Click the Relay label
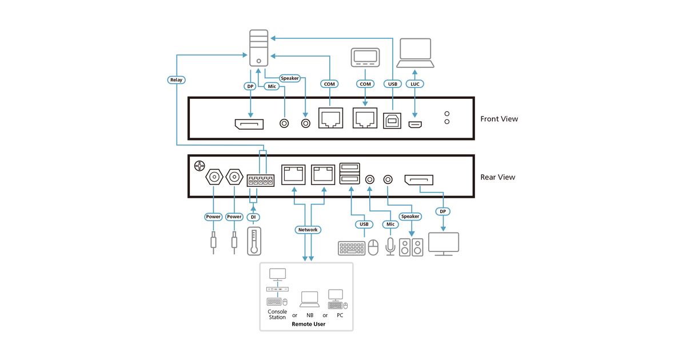pos(176,79)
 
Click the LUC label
pos(415,84)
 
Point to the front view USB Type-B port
pos(392,122)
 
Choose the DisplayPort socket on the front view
pos(249,124)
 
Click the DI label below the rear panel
pos(253,217)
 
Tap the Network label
pos(308,230)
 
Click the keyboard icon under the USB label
pos(352,248)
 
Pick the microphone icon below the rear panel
pos(390,247)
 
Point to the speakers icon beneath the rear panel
pos(412,247)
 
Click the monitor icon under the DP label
pos(444,244)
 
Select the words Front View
pos(499,119)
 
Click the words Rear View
pos(497,177)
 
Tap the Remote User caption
pos(308,324)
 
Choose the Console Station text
pos(277,314)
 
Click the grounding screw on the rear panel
pos(199,166)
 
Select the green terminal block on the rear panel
pos(261,181)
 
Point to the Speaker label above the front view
pos(289,78)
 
